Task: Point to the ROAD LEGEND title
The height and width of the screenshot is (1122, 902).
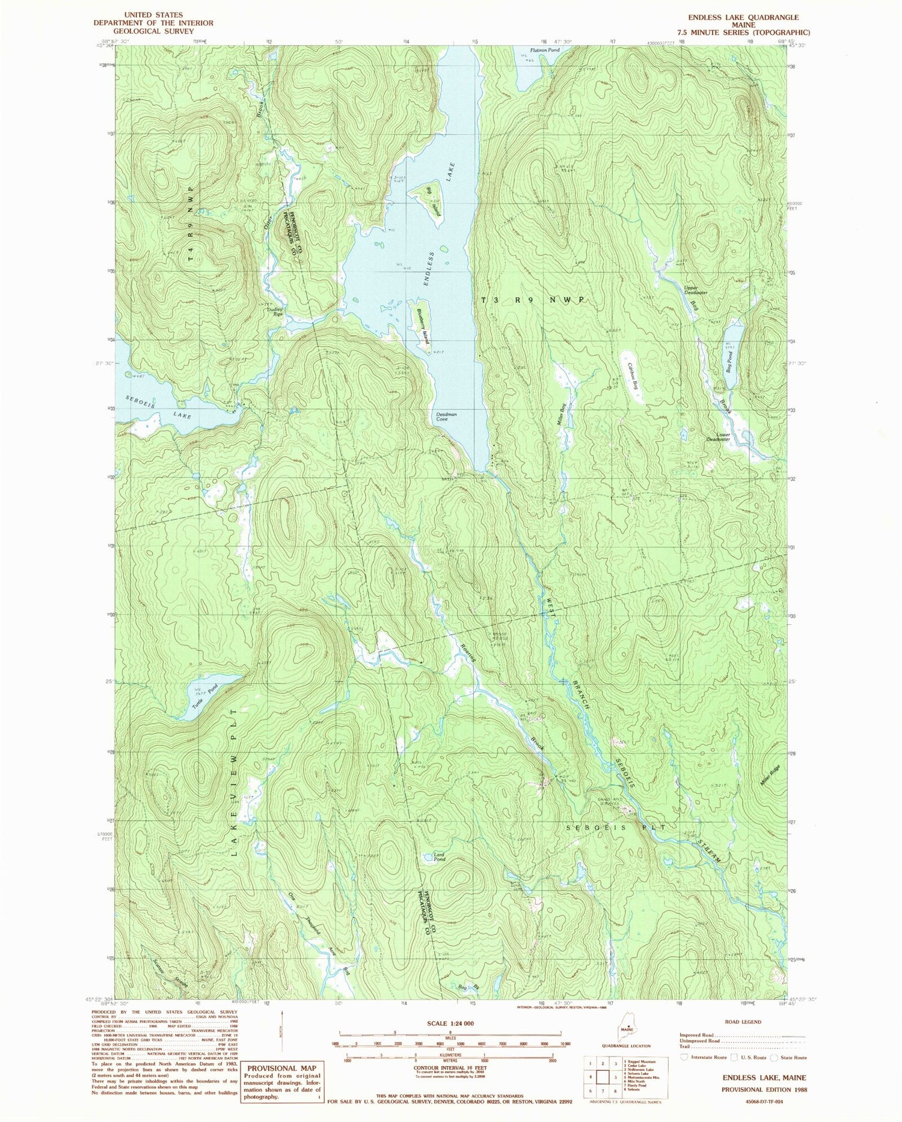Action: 744,1022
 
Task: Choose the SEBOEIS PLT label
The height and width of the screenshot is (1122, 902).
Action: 616,828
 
